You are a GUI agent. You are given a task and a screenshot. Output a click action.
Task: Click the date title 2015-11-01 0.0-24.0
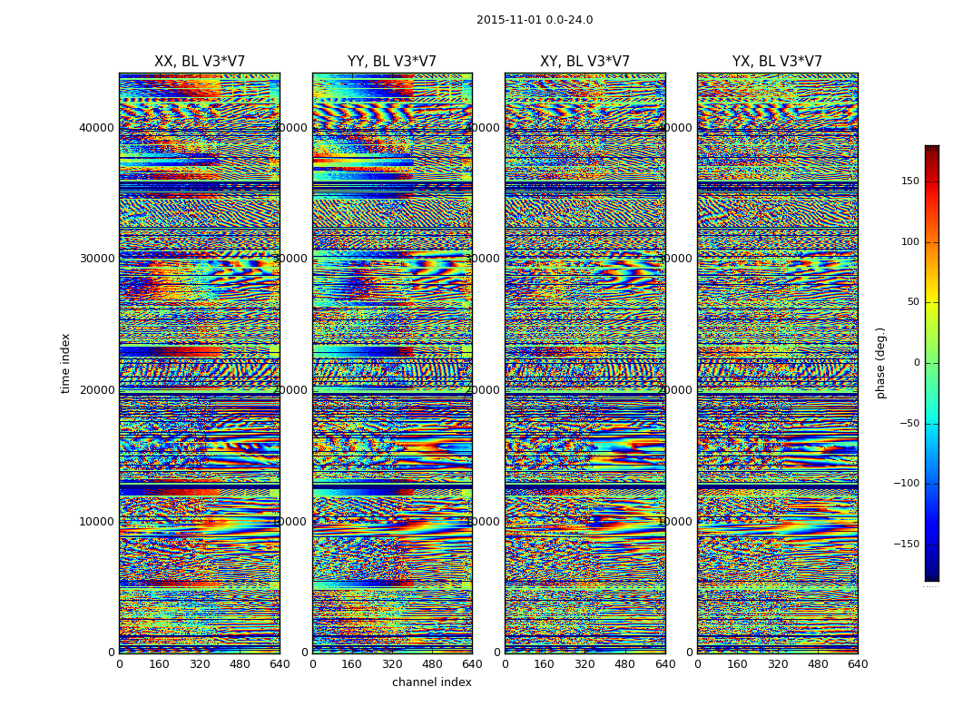535,20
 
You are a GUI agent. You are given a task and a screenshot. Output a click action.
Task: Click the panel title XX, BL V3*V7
200,62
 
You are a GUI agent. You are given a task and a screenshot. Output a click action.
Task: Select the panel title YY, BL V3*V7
392,62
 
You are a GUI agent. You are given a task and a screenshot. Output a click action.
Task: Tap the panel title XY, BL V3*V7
585,62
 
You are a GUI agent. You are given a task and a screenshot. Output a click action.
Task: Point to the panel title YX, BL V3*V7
777,62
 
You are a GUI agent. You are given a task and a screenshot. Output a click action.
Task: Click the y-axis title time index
65,363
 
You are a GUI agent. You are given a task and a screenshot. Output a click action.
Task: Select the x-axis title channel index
432,682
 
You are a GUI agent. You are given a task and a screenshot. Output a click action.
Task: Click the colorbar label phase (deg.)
880,363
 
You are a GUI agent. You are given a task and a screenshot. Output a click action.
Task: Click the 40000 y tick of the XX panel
97,128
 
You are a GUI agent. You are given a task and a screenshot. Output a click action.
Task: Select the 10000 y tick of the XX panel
97,522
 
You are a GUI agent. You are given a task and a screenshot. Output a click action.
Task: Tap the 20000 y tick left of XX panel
97,390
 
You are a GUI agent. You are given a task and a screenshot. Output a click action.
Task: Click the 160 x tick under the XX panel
160,664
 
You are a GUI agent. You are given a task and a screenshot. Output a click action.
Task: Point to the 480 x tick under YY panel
432,664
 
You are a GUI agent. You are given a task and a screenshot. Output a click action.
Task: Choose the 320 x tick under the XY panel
585,664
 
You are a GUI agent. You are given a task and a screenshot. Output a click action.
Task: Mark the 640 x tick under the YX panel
858,664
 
